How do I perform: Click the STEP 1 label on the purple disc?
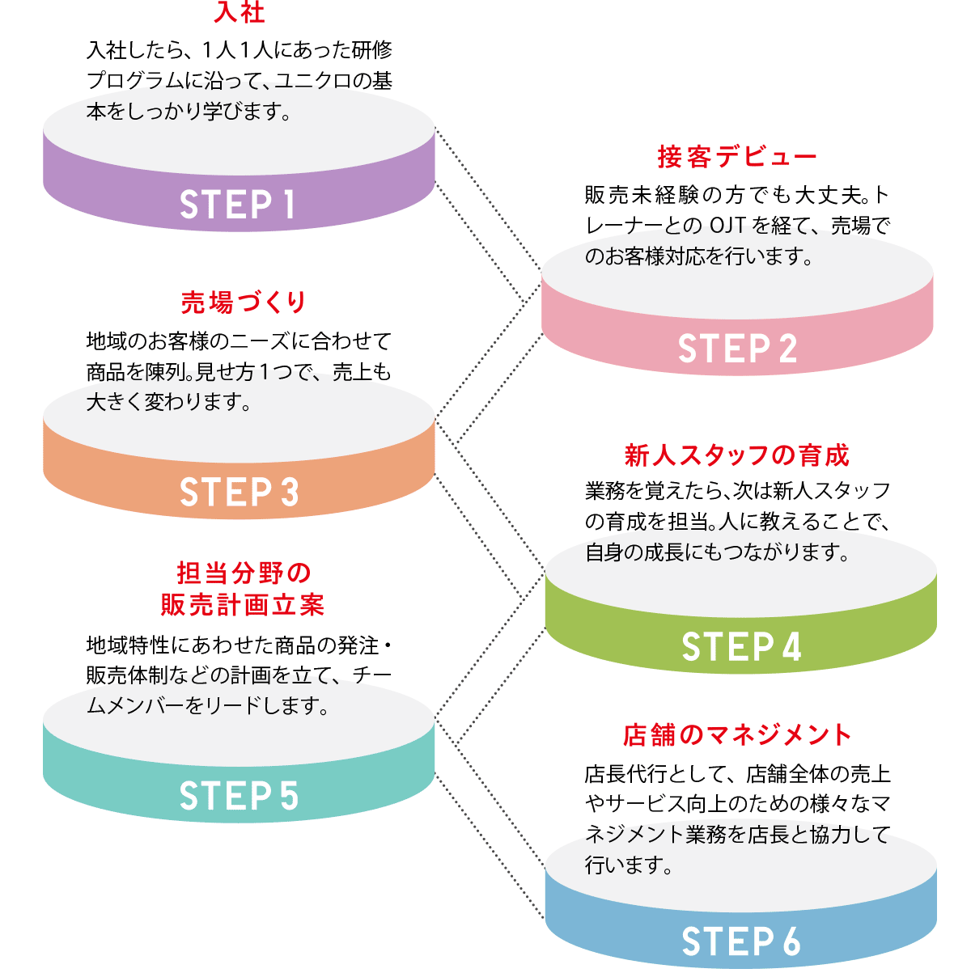[x=238, y=205]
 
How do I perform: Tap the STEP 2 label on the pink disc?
[x=737, y=349]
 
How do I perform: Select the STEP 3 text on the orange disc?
[x=239, y=493]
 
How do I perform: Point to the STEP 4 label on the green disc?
[x=741, y=647]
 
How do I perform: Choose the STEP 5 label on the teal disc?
[x=239, y=797]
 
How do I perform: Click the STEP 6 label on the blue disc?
[x=741, y=942]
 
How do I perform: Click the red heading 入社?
[x=240, y=13]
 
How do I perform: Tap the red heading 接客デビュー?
[x=737, y=157]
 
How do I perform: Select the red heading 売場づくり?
[x=244, y=302]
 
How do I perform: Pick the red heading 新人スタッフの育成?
[x=737, y=455]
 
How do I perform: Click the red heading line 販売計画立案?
[x=243, y=604]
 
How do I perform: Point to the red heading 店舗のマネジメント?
[x=737, y=734]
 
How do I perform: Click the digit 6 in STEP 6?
[x=791, y=942]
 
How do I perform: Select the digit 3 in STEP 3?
[x=289, y=493]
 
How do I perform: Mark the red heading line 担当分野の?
[x=244, y=573]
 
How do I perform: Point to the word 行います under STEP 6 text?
[x=629, y=865]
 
